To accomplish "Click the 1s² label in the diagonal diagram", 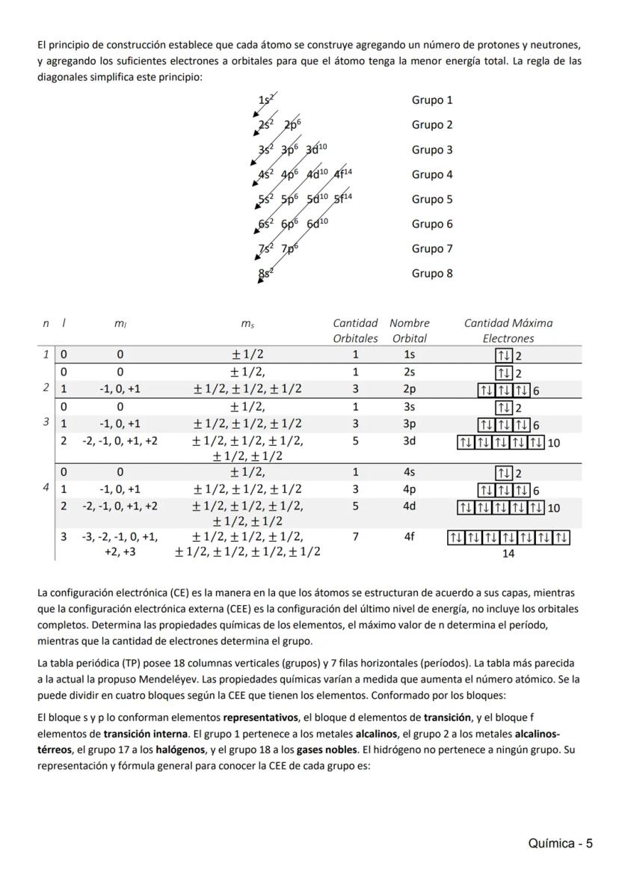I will coord(266,99).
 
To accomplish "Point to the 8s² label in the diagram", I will coord(266,273).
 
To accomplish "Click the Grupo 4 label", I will coord(432,174).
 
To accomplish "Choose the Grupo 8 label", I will coord(432,273).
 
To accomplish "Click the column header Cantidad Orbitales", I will coord(355,331).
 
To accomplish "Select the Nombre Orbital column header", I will coord(409,331).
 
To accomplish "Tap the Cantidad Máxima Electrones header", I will coord(508,331).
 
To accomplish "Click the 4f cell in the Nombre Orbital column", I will coord(409,536).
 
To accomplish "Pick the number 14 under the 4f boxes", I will coord(508,554).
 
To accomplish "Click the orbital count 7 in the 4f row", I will coord(355,536).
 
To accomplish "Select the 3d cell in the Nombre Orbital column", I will coord(409,441).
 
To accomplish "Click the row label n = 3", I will coord(46,422).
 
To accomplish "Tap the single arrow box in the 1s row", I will coord(503,356).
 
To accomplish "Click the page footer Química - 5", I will coord(560,844).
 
